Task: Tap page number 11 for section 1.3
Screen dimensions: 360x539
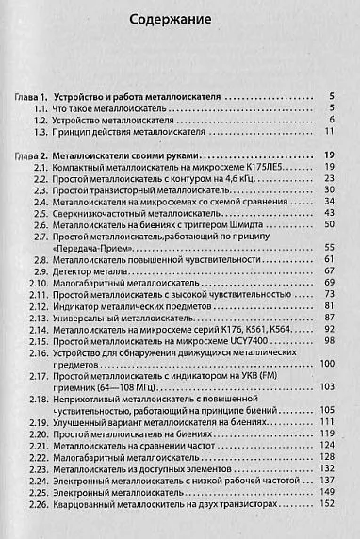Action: [330, 134]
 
